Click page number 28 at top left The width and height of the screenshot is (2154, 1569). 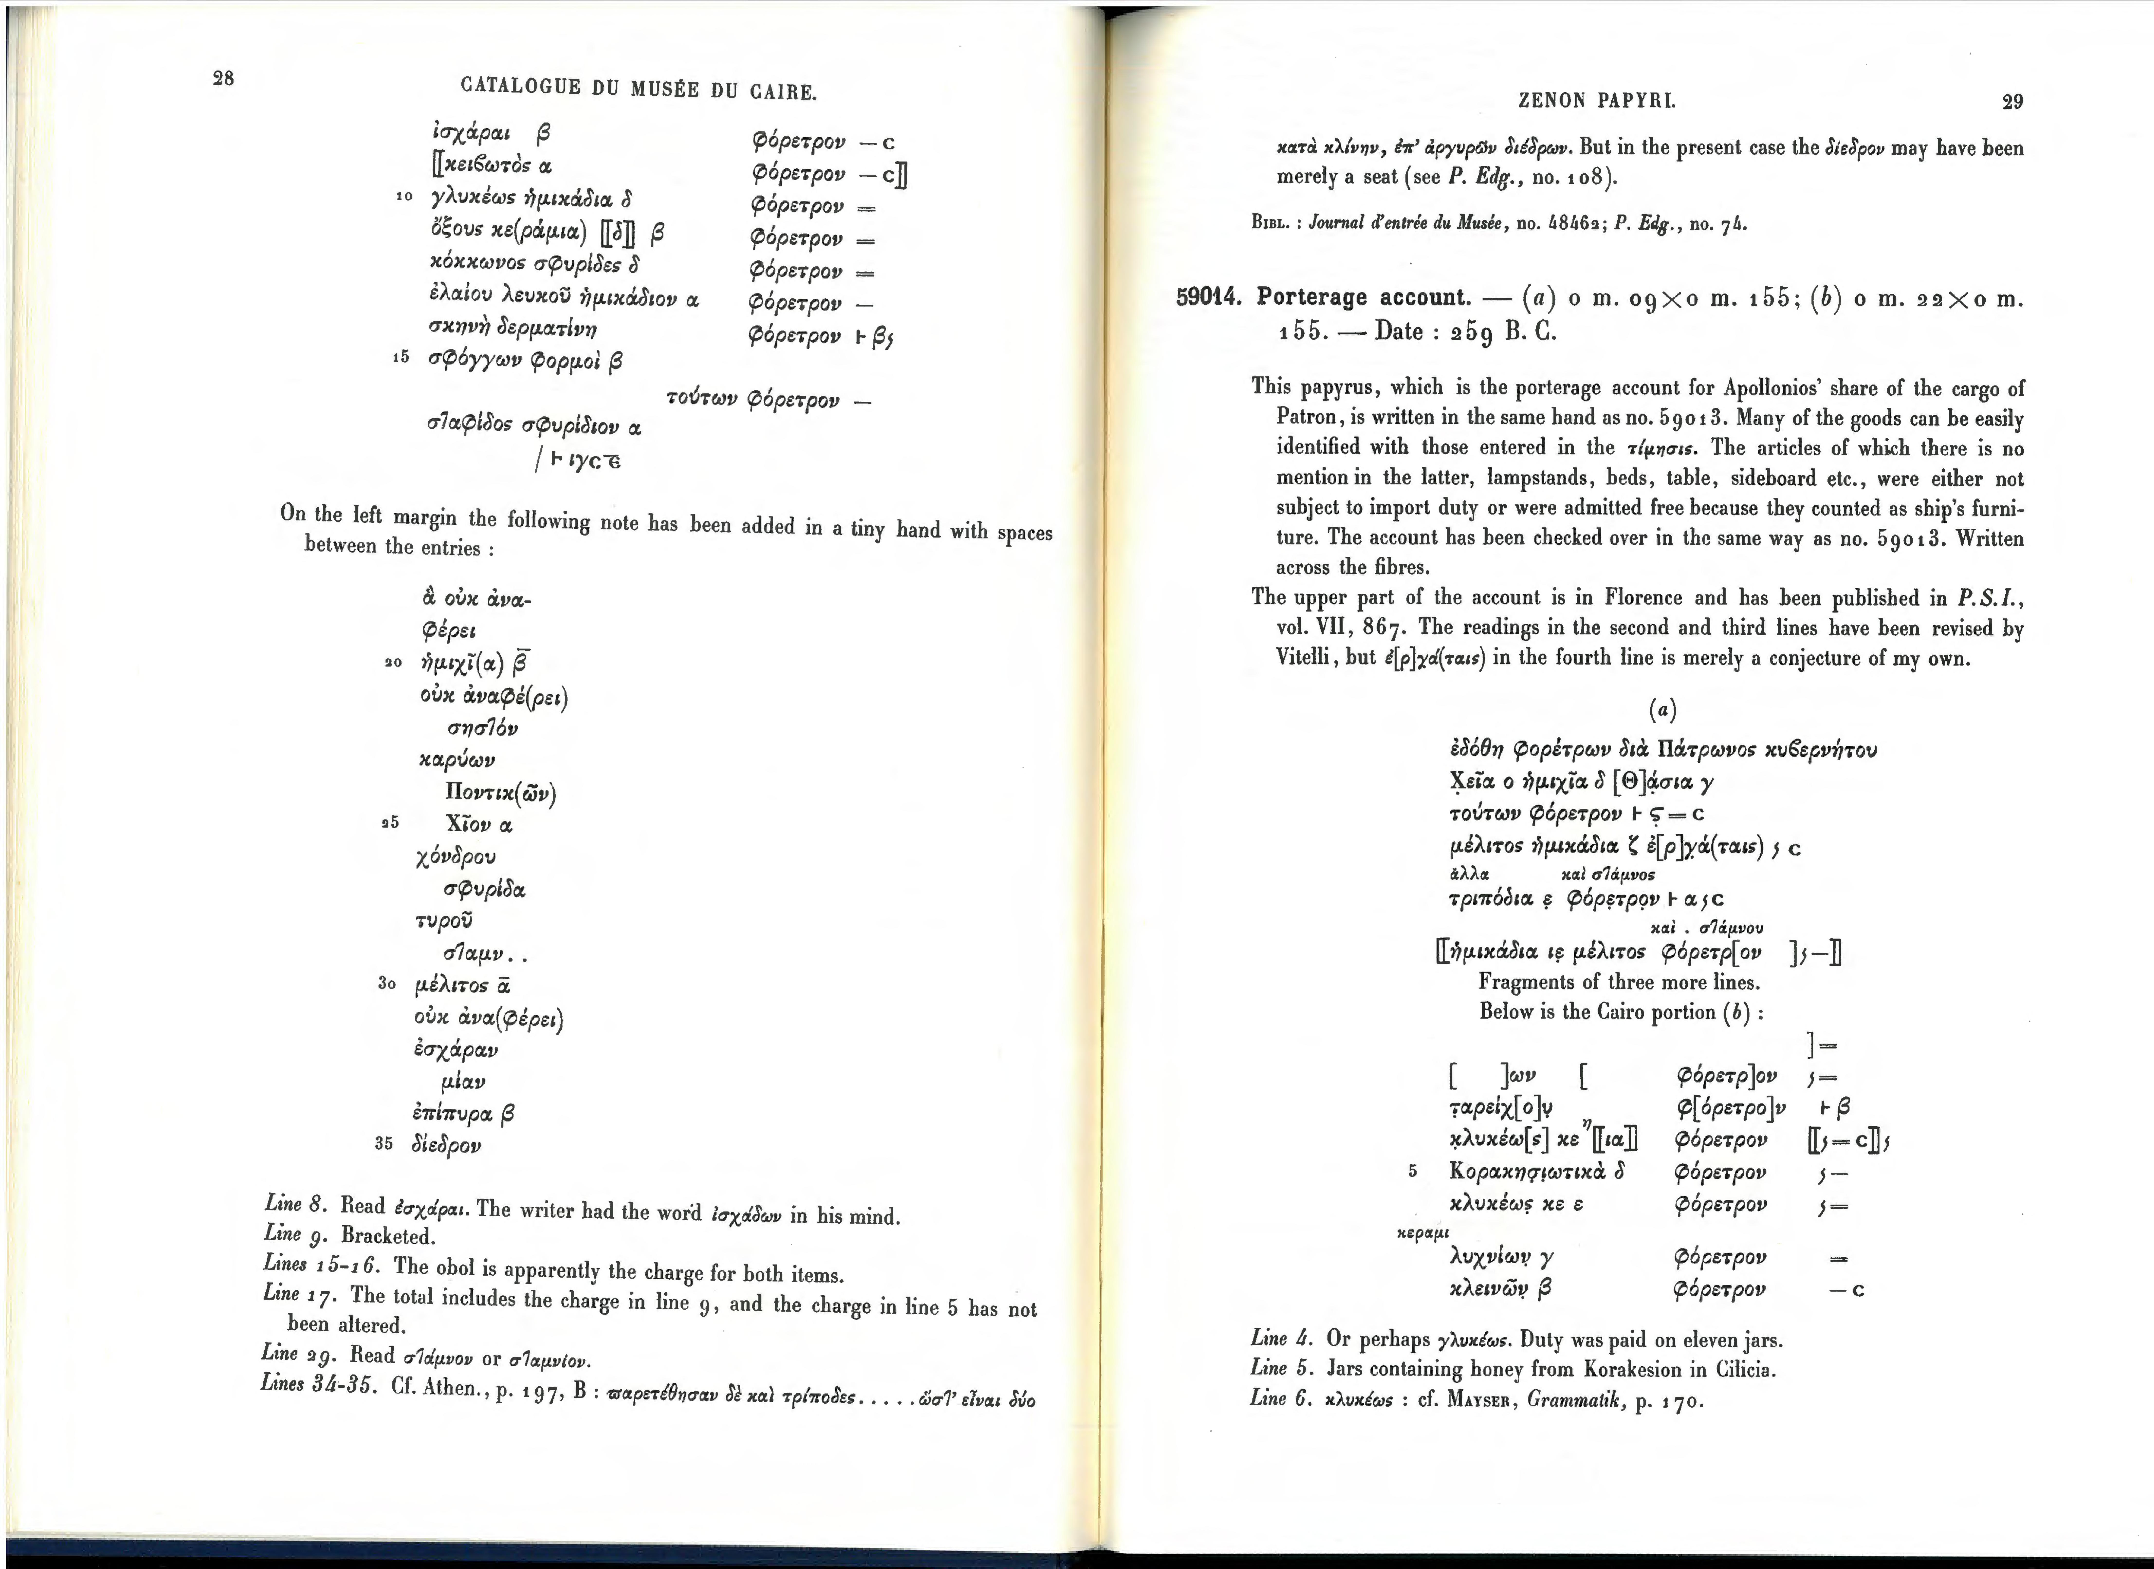click(223, 78)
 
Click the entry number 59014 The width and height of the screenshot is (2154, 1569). click(1209, 297)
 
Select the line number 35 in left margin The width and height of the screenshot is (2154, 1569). click(384, 1143)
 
